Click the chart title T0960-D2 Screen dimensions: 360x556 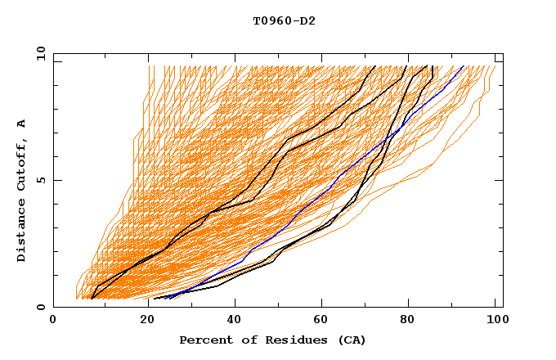pos(284,21)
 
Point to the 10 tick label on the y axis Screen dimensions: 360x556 pos(38,53)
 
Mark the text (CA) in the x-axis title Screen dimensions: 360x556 pos(352,340)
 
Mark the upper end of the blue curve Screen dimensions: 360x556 pos(464,66)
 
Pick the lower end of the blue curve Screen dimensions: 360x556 pos(165,298)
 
